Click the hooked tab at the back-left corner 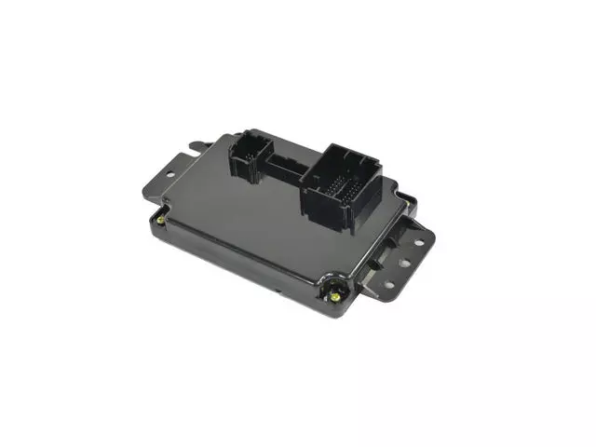tap(198, 147)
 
